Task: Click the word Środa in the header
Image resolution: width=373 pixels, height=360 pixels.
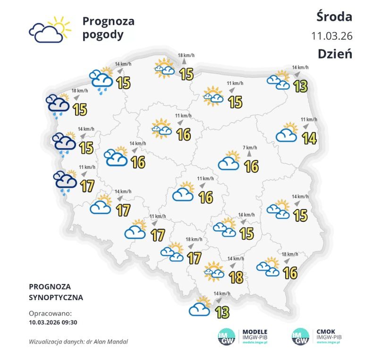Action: (x=334, y=17)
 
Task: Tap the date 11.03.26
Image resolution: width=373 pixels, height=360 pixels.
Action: (x=332, y=36)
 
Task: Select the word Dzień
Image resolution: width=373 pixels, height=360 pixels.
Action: (x=335, y=53)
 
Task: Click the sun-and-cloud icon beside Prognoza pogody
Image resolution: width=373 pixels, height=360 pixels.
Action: (x=50, y=30)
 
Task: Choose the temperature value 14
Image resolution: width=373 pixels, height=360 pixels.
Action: (x=309, y=138)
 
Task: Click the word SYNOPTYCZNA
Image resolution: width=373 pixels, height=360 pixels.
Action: (x=56, y=298)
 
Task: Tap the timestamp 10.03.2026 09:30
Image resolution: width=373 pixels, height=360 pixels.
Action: (x=52, y=322)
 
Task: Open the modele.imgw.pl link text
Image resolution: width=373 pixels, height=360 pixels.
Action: (x=255, y=344)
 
